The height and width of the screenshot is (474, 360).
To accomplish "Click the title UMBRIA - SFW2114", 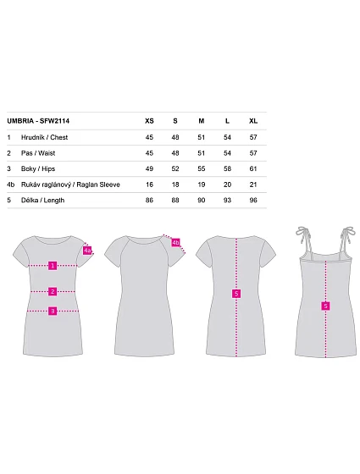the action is pyautogui.click(x=38, y=121).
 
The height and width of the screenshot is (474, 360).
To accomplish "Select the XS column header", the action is pyautogui.click(x=149, y=121).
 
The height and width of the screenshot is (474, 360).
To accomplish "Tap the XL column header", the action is pyautogui.click(x=253, y=121).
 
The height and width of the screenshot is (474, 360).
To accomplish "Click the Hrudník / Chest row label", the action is pyautogui.click(x=44, y=137).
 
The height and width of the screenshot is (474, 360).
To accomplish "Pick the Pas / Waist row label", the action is pyautogui.click(x=38, y=153).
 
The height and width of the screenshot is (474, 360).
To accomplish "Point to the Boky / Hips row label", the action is pyautogui.click(x=38, y=168).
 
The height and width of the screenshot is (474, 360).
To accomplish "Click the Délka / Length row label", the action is pyautogui.click(x=42, y=200).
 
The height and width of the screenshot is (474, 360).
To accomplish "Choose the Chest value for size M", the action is pyautogui.click(x=202, y=137).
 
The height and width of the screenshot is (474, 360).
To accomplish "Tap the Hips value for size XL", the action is pyautogui.click(x=253, y=168).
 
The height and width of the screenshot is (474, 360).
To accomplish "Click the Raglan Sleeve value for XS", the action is pyautogui.click(x=149, y=185).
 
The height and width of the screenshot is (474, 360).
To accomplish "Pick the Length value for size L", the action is pyautogui.click(x=227, y=200).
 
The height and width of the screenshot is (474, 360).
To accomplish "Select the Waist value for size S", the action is pyautogui.click(x=175, y=153).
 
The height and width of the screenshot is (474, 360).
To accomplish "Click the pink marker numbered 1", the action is pyautogui.click(x=53, y=266).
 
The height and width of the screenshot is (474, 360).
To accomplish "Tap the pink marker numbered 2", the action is pyautogui.click(x=53, y=291).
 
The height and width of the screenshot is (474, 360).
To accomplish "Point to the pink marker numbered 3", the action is pyautogui.click(x=53, y=311).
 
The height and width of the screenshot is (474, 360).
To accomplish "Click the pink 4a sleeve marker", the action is pyautogui.click(x=87, y=251).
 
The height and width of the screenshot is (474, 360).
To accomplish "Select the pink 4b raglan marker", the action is pyautogui.click(x=176, y=242).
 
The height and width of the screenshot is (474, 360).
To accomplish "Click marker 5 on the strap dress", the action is pyautogui.click(x=325, y=306).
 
